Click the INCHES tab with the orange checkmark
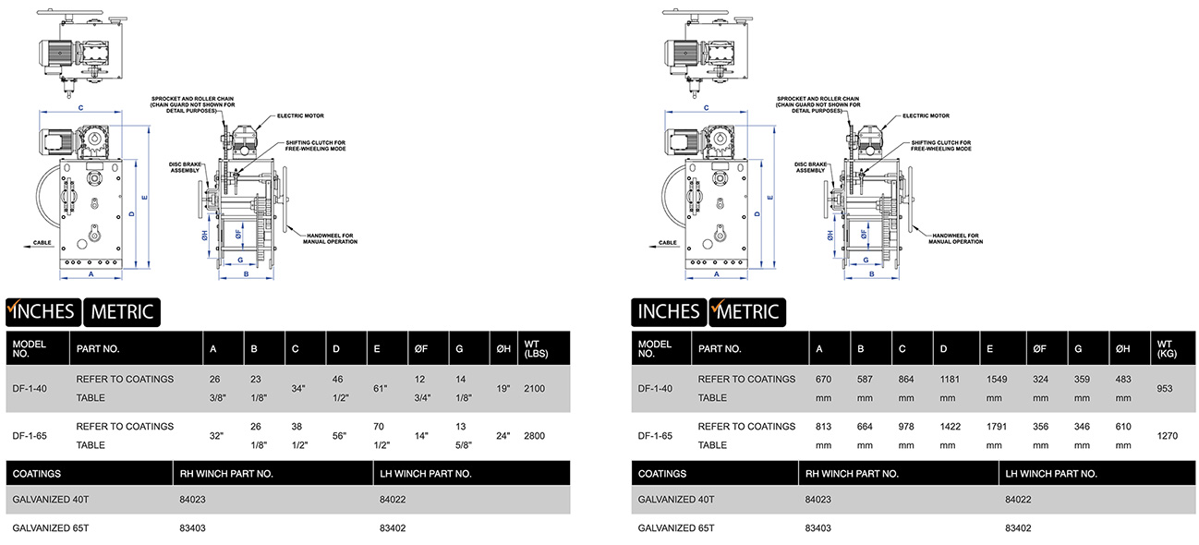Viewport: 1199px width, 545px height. (42, 311)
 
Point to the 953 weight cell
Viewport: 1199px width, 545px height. (1164, 389)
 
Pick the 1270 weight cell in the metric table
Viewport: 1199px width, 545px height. (1166, 436)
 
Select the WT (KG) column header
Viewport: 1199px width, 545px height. (1166, 349)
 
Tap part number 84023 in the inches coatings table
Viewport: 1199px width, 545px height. (193, 500)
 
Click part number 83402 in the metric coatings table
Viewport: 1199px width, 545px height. (1018, 528)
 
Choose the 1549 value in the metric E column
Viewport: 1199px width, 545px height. (993, 379)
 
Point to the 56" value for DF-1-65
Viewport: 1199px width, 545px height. (338, 436)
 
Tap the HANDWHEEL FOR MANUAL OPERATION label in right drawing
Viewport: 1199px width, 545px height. (957, 238)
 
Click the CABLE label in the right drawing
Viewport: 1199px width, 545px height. (668, 243)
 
